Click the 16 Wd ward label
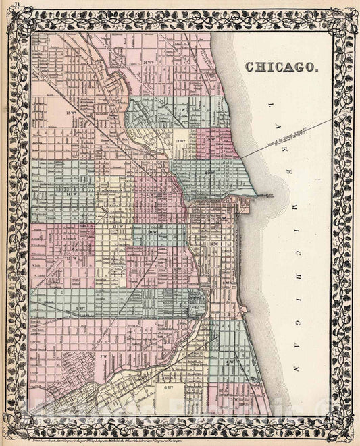[x=149, y=61]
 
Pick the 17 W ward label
[x=180, y=109]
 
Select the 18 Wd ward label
[x=180, y=141]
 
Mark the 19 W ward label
[x=211, y=139]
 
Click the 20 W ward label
[x=210, y=173]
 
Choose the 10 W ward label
[x=155, y=233]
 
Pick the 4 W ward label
[x=230, y=362]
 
